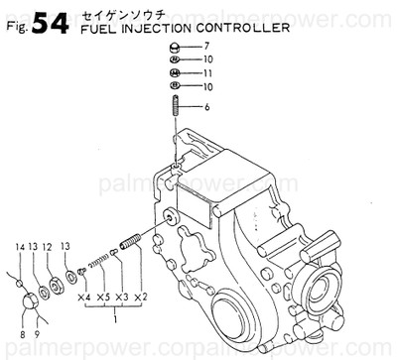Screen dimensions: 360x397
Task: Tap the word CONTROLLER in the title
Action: tap(248, 28)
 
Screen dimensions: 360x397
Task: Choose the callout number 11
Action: tap(206, 73)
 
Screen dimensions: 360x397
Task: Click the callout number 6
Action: tap(205, 108)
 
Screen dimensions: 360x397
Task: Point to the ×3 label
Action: tap(122, 298)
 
